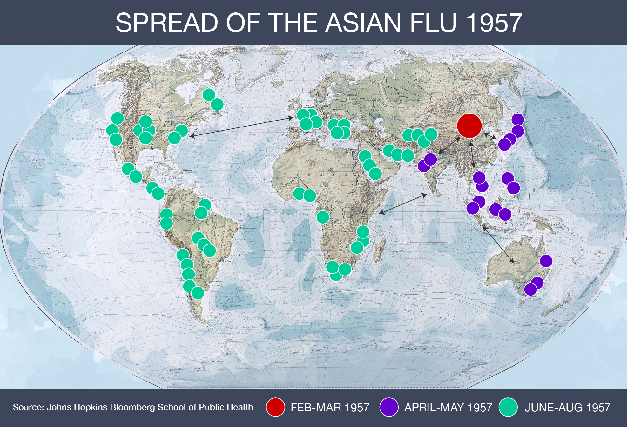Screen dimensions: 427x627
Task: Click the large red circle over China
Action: [469, 126]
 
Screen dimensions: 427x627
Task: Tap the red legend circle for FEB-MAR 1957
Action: [275, 407]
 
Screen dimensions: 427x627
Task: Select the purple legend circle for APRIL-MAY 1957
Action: [389, 407]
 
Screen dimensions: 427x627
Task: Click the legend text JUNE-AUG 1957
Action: [567, 407]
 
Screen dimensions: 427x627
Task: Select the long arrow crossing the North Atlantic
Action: [241, 127]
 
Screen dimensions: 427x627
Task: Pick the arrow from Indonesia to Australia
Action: [498, 244]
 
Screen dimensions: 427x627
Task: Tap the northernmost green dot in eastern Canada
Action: [209, 94]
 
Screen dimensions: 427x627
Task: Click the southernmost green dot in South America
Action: [198, 293]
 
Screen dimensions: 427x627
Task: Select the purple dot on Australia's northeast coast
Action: [546, 261]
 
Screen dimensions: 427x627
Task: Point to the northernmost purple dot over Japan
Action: [518, 119]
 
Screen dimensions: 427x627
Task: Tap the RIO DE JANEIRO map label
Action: [234, 255]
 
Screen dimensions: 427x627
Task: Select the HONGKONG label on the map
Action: [495, 164]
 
